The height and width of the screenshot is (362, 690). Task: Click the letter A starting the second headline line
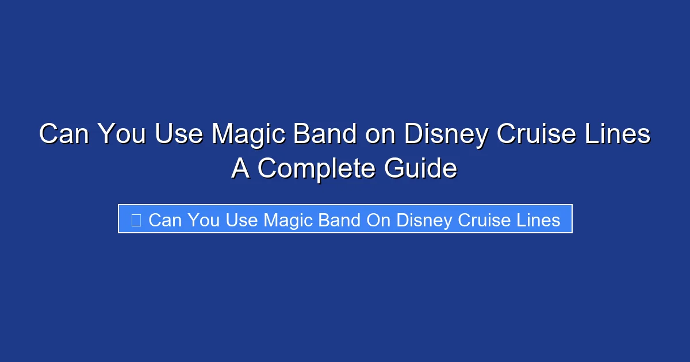point(240,168)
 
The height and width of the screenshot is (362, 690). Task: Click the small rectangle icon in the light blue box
point(136,219)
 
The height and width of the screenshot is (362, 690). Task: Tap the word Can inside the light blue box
point(164,219)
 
